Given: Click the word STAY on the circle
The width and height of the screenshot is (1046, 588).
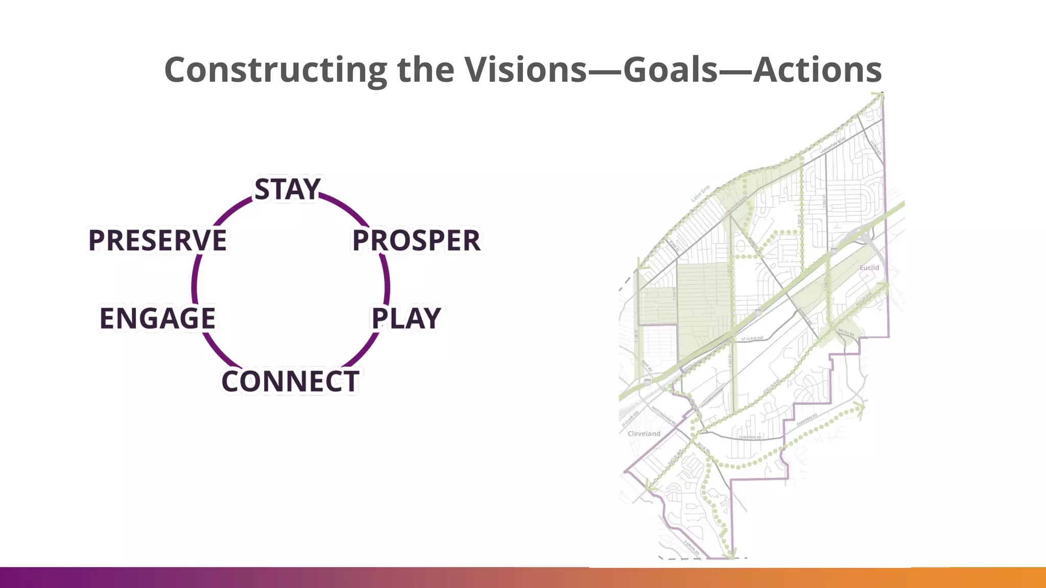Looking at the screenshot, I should [x=288, y=189].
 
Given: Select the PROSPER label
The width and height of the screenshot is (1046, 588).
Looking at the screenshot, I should [x=416, y=240].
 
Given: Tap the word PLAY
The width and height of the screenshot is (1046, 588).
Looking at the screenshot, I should [x=406, y=318].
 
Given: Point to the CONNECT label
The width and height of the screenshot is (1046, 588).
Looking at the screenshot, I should [x=290, y=382].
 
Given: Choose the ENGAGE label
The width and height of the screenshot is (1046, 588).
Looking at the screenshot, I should [x=157, y=318].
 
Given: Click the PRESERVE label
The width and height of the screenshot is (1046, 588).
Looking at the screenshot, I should [x=157, y=240].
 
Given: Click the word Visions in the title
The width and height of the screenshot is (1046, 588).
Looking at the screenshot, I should [x=525, y=69].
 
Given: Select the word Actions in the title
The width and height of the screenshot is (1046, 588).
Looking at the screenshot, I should [x=817, y=69].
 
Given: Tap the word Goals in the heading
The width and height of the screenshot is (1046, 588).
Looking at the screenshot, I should [x=671, y=69].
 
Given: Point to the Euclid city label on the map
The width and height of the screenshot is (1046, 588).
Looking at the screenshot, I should [x=869, y=267].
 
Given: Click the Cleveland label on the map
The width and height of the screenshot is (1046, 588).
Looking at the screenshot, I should [x=644, y=433].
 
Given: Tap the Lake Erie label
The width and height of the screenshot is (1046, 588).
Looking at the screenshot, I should [x=700, y=193].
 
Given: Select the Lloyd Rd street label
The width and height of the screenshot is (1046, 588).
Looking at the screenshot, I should [x=876, y=148].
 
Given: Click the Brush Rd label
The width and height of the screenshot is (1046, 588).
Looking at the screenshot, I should [x=846, y=332].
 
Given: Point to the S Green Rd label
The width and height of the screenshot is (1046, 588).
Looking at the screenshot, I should [x=692, y=548].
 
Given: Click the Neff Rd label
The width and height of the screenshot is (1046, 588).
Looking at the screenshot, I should [x=647, y=366].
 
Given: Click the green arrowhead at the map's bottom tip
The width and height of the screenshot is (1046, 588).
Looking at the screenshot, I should [x=731, y=553].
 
